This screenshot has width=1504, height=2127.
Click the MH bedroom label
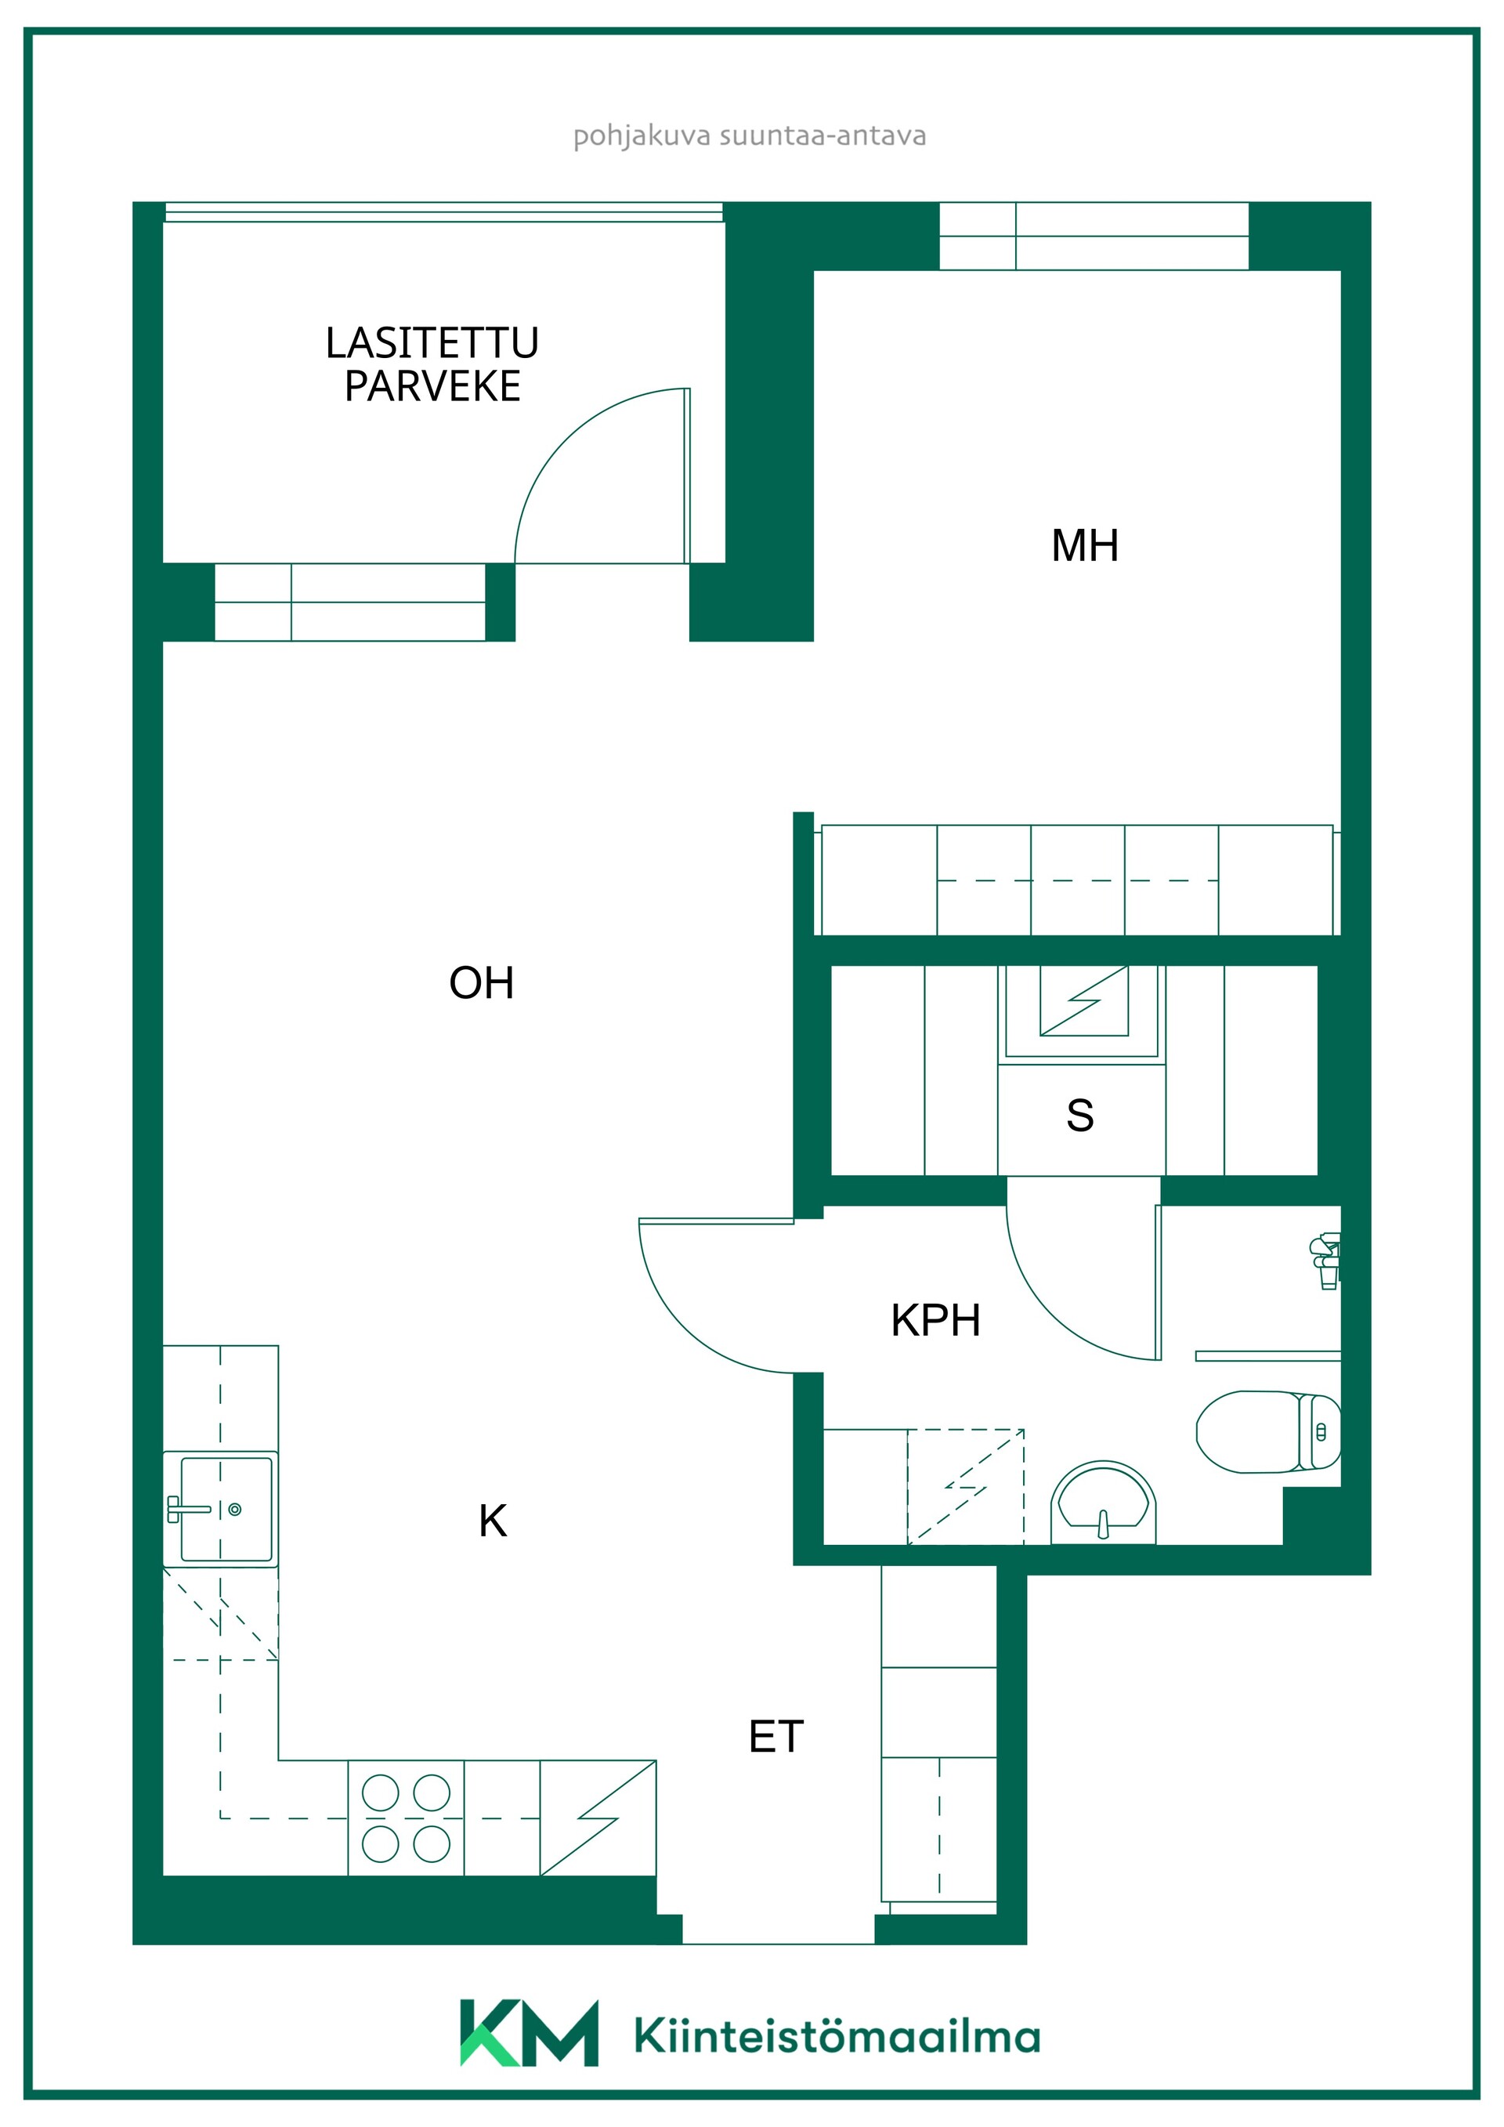point(1084,545)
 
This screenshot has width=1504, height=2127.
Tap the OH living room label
point(482,983)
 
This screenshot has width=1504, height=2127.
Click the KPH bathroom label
point(935,1320)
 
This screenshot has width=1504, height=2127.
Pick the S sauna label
point(1080,1116)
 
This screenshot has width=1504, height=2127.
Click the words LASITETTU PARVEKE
point(432,364)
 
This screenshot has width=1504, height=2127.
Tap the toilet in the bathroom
point(1268,1431)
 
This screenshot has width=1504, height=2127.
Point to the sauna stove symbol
point(1083,1000)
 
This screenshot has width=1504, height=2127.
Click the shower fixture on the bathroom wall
point(1326,1261)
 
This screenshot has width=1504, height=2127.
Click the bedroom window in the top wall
point(1094,237)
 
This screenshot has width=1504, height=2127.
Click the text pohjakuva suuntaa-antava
point(749,136)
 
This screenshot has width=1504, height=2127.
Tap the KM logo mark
point(529,2032)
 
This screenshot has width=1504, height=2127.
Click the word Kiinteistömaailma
point(837,2035)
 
